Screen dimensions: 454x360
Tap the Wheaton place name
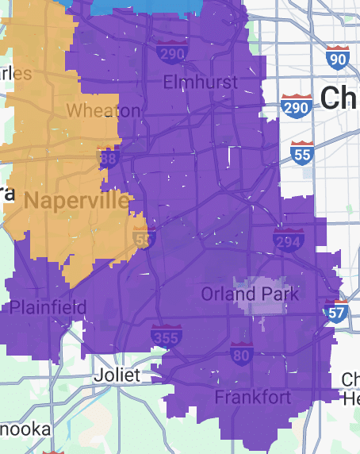pos(103,110)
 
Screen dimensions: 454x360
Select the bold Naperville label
pos(76,200)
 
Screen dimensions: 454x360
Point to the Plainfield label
pos(49,307)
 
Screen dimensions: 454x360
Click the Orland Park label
pos(250,294)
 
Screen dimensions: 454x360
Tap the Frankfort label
pos(253,397)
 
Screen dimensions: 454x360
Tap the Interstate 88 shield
pos(109,160)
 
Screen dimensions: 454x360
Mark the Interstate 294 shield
pos(287,239)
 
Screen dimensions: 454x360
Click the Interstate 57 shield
pos(336,312)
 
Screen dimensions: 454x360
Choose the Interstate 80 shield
pos(242,354)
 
